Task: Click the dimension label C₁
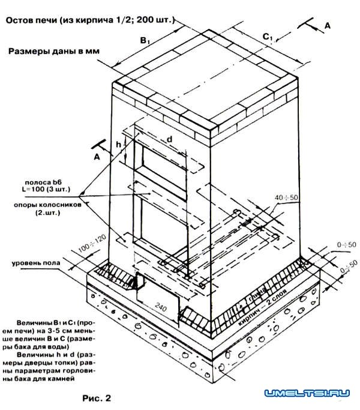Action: pyautogui.click(x=268, y=37)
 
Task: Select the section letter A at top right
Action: pyautogui.click(x=328, y=25)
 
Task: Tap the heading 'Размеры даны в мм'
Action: pyautogui.click(x=53, y=51)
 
